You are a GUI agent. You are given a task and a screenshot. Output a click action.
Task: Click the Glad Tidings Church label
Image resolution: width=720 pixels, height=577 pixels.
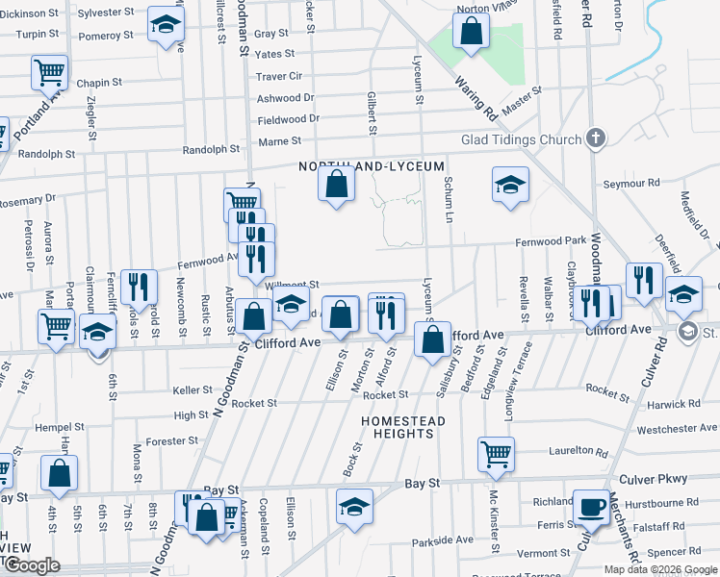(x=521, y=138)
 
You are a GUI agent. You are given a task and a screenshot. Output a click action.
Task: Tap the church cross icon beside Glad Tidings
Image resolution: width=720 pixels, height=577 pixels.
(x=596, y=138)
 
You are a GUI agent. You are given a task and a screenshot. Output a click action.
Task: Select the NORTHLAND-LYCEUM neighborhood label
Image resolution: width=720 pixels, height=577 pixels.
(x=359, y=166)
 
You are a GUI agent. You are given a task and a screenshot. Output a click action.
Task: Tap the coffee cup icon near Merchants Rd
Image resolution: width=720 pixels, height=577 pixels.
(x=591, y=505)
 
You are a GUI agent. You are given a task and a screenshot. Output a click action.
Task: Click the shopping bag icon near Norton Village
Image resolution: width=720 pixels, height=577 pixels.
(x=472, y=31)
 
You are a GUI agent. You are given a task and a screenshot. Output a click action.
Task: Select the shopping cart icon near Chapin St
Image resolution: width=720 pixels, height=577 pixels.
(x=49, y=72)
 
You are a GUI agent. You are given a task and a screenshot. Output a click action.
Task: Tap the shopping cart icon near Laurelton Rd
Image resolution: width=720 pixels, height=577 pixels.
(x=496, y=452)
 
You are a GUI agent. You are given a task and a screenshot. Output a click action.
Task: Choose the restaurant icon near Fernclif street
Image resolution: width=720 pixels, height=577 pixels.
(x=141, y=285)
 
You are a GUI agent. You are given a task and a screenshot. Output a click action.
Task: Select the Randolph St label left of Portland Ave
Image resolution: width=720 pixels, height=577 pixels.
(x=46, y=154)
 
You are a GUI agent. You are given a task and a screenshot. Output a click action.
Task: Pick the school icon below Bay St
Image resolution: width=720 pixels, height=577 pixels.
(x=354, y=506)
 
